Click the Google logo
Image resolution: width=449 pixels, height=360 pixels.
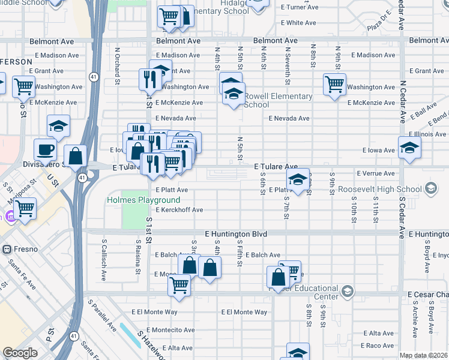coord(20,353)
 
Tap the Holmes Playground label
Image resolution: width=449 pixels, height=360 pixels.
coord(143,200)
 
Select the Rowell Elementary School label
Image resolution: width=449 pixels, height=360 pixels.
coord(278,100)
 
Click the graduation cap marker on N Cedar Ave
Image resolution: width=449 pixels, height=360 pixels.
coord(409,148)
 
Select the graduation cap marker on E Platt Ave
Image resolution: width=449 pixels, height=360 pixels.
coord(297,179)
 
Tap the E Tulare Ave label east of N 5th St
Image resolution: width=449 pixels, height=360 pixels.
coord(276,166)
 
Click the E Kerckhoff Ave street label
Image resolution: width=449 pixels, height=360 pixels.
coord(179,210)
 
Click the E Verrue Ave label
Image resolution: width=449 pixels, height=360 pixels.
coord(375,173)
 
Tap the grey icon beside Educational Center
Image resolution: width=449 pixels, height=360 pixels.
coord(346,292)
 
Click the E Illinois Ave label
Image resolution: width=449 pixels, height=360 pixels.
coord(427,134)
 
